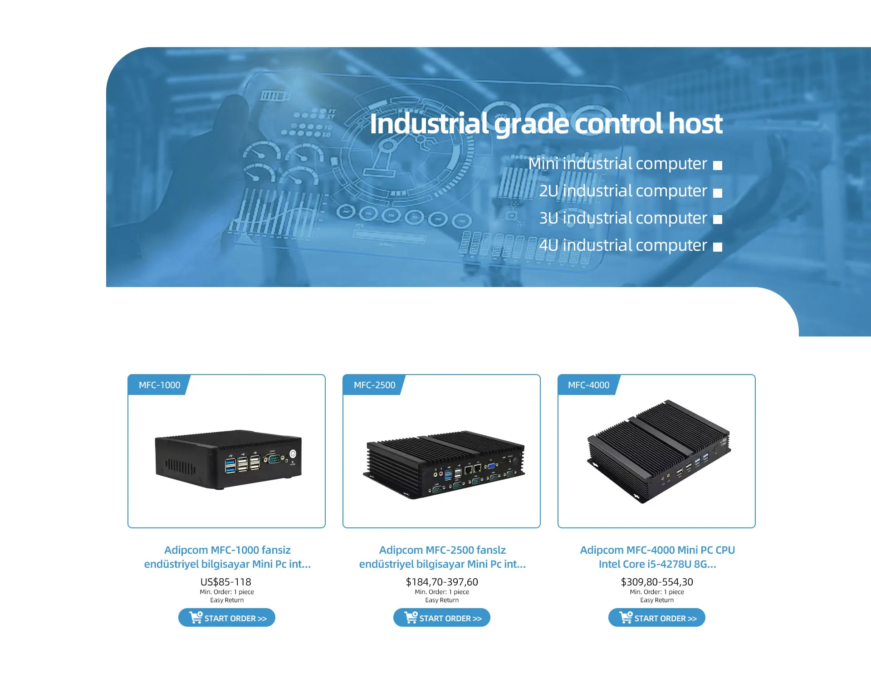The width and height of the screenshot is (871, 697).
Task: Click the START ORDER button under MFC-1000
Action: point(226,618)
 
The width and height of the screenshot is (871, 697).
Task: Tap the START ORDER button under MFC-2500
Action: point(441,618)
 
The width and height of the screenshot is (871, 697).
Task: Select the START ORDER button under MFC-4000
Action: point(656,618)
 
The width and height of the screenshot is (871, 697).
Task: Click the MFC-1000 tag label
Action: point(159,385)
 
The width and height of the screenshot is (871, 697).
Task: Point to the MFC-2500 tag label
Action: point(374,385)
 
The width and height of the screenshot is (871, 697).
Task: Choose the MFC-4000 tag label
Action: point(588,385)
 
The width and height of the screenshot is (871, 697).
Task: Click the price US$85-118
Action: point(225,582)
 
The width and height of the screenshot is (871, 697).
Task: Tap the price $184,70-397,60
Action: point(441,582)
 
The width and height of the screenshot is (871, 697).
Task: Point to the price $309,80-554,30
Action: point(656,582)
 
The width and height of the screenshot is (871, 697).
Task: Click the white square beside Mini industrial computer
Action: point(717,165)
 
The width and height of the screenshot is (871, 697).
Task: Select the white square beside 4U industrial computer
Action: point(717,247)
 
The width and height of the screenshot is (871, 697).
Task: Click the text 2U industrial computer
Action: point(623,191)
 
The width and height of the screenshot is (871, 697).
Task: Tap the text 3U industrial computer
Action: point(623,218)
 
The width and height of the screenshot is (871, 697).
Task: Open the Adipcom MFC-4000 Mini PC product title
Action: point(657,557)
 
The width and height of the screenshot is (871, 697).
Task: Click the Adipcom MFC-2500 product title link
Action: point(442,557)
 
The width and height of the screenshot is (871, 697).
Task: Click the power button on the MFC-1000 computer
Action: point(293,453)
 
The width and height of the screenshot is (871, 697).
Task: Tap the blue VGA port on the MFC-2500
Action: point(491,466)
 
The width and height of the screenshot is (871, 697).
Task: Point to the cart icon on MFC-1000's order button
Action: point(196,617)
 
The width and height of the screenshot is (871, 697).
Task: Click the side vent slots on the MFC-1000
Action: point(180,466)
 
